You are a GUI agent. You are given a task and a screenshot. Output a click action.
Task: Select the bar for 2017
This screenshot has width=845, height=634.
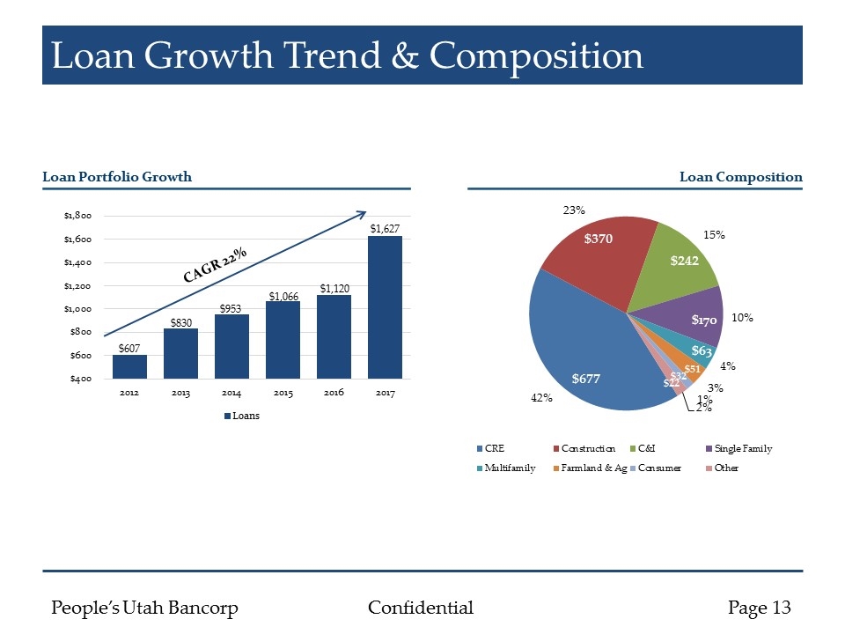tap(385, 308)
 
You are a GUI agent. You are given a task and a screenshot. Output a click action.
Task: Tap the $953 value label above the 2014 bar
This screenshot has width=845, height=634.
tap(231, 306)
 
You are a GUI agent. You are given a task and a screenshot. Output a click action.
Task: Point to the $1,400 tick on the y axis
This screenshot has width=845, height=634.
tap(78, 262)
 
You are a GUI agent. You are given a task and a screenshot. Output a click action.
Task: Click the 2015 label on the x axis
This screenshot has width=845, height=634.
tap(283, 393)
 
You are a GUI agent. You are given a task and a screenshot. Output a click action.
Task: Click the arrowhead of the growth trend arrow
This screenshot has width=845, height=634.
tap(363, 213)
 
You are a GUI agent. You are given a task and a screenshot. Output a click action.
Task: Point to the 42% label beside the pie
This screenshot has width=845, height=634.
tap(540, 399)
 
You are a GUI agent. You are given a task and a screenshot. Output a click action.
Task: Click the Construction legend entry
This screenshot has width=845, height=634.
tap(584, 449)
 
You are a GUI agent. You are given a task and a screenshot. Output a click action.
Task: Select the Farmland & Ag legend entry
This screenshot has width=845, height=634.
tap(595, 468)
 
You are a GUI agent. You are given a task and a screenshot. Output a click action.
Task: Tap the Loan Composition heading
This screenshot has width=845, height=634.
tap(740, 177)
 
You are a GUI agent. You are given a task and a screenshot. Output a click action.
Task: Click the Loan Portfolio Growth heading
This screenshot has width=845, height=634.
tap(117, 177)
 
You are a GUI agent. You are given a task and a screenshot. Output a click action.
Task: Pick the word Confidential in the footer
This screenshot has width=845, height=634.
tap(420, 608)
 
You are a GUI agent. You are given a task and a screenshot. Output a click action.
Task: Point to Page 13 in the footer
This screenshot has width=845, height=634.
tap(759, 608)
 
